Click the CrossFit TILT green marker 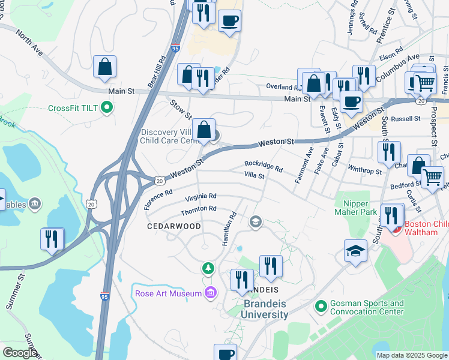click(107, 108)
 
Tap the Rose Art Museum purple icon click(210, 293)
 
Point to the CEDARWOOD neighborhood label click(167, 226)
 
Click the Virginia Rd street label click(200, 197)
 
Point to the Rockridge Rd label click(263, 166)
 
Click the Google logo click(20, 353)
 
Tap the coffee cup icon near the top click(229, 22)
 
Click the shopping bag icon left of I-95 click(105, 68)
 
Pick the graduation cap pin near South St click(355, 251)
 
